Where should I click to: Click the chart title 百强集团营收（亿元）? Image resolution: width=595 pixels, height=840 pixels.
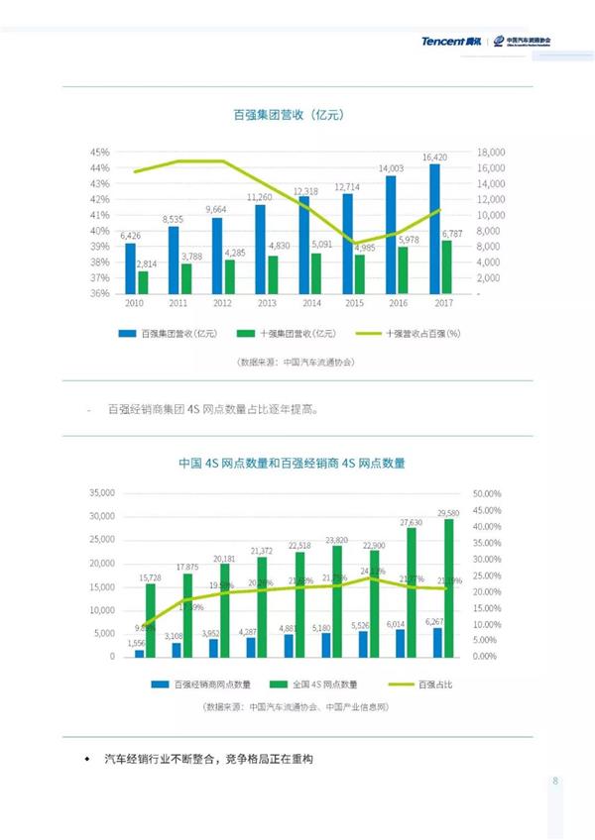[289, 116]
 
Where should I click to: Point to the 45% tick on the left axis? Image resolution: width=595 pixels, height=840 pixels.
[99, 153]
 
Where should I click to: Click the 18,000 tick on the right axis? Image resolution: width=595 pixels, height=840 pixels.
[491, 153]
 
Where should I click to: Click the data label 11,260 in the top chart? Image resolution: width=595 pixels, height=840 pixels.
[260, 197]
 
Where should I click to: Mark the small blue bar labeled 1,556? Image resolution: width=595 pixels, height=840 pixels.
[139, 654]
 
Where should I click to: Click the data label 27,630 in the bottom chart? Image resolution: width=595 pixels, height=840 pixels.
[411, 522]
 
